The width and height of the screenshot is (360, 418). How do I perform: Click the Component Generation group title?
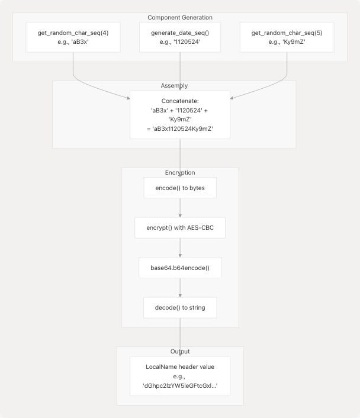tap(180, 18)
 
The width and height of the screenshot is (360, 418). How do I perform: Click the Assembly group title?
tap(180, 86)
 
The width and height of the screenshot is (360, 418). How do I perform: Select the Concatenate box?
tap(180, 114)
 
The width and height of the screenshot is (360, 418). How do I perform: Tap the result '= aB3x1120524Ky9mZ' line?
tap(180, 129)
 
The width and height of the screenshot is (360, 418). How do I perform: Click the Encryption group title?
tap(180, 173)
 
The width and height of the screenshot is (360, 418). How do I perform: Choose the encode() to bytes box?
tap(180, 188)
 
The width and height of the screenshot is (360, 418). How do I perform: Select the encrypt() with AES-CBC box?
tap(180, 228)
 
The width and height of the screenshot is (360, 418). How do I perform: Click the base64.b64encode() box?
tap(180, 268)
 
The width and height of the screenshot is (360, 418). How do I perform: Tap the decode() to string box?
tap(180, 307)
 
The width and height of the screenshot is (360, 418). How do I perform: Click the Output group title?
tap(180, 352)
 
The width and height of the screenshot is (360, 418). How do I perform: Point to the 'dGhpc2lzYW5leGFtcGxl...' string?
tap(180, 385)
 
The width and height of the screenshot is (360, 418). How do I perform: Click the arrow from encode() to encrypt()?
tap(180, 208)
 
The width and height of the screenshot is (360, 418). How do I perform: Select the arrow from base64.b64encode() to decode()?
tap(180, 288)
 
